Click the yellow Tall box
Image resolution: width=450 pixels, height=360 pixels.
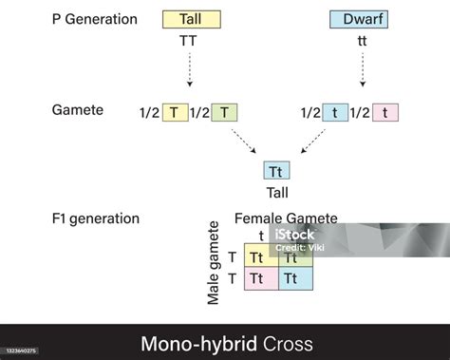coord(192,19)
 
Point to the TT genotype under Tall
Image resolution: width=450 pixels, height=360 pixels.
coord(192,44)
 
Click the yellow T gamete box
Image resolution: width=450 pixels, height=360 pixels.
coord(174,112)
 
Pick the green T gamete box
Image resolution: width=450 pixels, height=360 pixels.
coord(224,112)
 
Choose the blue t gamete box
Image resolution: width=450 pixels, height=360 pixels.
coord(335,112)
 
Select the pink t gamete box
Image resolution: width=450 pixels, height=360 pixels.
coord(384,112)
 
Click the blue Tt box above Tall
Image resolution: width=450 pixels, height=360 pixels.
coord(277,172)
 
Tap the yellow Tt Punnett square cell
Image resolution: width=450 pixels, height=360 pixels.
coord(259,256)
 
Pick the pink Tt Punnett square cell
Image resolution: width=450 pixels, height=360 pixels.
coord(259,278)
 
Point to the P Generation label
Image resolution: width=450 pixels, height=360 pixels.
coord(94,20)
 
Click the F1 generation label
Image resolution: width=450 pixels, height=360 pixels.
coord(95,218)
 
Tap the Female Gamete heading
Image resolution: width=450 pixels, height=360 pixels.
coord(286,218)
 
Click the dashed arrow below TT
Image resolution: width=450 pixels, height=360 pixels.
coord(192,70)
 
